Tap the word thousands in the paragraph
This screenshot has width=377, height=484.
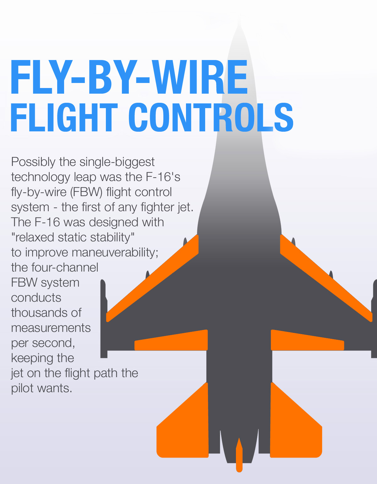pos(46,313)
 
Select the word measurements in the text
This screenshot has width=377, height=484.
pos(51,328)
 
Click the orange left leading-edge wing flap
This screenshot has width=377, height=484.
pos(153,278)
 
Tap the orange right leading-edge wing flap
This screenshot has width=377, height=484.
pos(326,278)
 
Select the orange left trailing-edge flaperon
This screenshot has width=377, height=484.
pos(171,341)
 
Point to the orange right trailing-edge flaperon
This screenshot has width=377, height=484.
pos(307,341)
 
